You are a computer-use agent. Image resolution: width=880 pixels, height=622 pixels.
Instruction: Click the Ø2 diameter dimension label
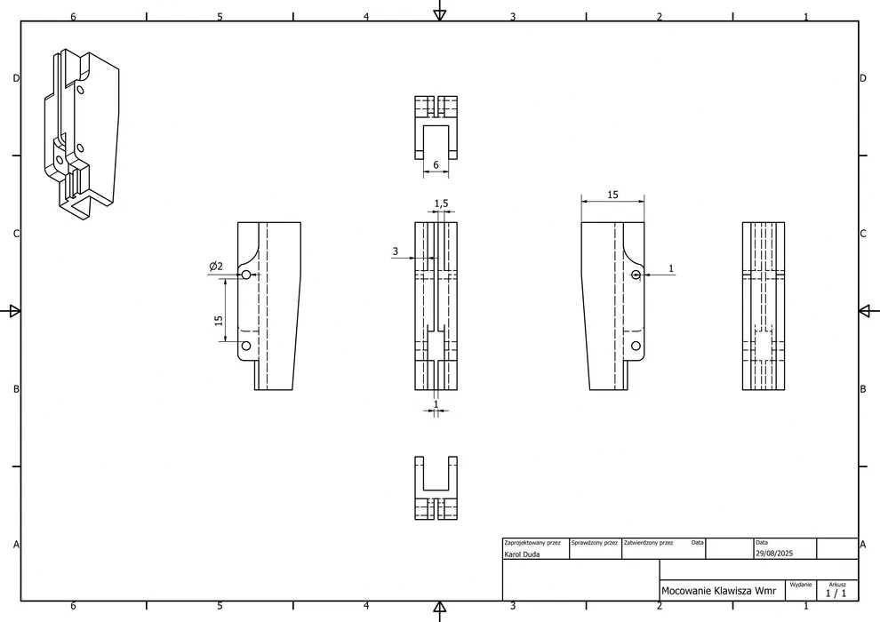pyautogui.click(x=216, y=266)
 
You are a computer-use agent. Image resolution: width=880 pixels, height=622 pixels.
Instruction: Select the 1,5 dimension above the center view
pyautogui.click(x=441, y=203)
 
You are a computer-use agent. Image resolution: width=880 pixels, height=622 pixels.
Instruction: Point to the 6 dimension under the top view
pyautogui.click(x=436, y=165)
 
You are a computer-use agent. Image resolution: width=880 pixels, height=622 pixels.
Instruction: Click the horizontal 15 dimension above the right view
pyautogui.click(x=612, y=195)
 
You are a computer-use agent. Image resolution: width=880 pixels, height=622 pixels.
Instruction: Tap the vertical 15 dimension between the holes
pyautogui.click(x=219, y=320)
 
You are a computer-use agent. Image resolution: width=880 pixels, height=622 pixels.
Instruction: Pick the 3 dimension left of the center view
pyautogui.click(x=395, y=251)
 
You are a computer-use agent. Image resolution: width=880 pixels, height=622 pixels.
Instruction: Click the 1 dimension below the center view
pyautogui.click(x=436, y=403)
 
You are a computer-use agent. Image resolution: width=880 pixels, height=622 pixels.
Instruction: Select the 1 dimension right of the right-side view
pyautogui.click(x=670, y=268)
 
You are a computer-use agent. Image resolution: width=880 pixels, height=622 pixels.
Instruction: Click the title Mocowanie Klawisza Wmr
pyautogui.click(x=718, y=591)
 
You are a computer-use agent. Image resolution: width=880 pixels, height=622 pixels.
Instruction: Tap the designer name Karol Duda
pyautogui.click(x=522, y=554)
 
